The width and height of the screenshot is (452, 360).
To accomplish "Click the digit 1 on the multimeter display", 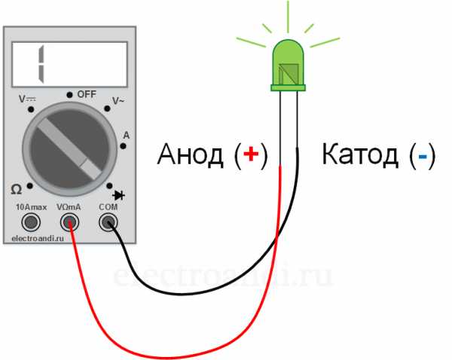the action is point(41,64).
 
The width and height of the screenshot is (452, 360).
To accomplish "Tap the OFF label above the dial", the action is point(87,94).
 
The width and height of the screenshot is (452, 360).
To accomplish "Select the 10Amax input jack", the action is point(31,222).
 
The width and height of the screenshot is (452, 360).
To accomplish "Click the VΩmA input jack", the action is point(69,222).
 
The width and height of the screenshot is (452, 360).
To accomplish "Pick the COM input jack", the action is point(108,222).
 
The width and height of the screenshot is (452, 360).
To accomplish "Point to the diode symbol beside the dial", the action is point(119,195).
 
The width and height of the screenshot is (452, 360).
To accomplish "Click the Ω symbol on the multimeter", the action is point(16,190).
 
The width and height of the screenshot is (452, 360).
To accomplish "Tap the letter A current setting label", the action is point(127,135).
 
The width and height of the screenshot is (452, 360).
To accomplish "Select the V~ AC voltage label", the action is point(118,101).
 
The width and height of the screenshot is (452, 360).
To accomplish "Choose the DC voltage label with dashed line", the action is point(27,99).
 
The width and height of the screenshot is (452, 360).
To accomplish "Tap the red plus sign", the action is point(251,154).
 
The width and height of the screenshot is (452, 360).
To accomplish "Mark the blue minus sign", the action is point(423,156).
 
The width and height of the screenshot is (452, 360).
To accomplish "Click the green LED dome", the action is point(288,63).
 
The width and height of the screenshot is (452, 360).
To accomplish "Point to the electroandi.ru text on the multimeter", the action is point(38,239).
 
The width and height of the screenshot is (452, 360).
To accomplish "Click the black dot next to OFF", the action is point(69,95).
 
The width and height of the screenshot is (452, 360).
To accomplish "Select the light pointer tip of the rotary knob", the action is point(90,169).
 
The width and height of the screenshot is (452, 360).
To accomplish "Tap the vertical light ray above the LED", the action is point(288,17).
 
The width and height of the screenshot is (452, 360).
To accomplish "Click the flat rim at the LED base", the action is point(288,88).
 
